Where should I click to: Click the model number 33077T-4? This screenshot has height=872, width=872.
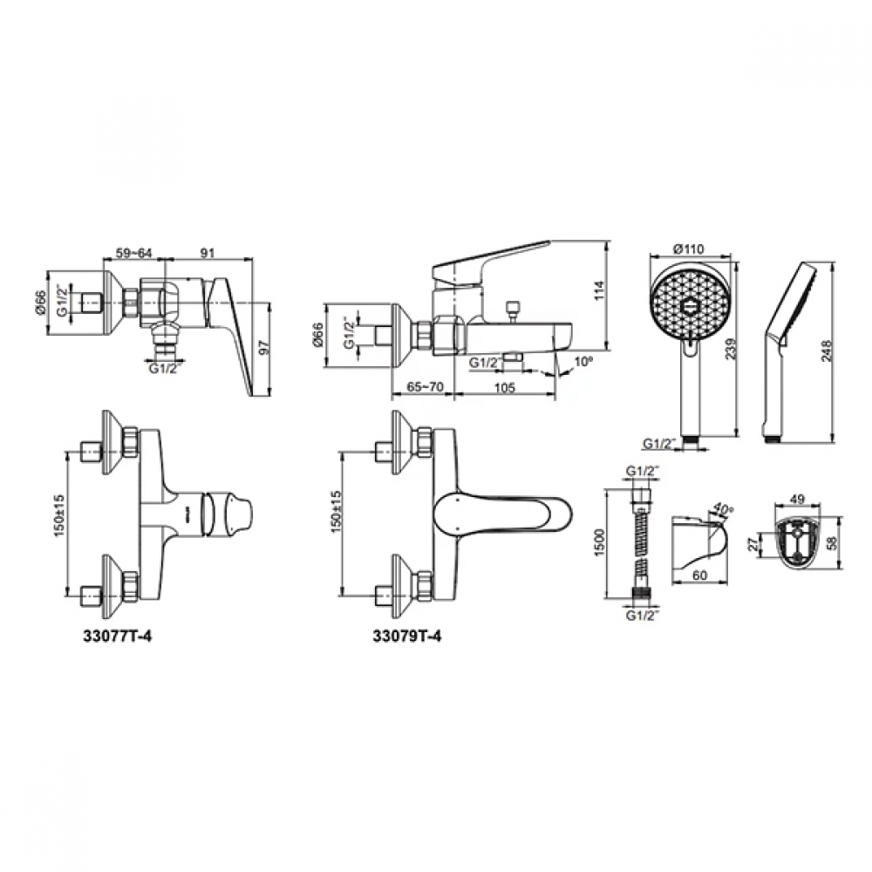click(117, 637)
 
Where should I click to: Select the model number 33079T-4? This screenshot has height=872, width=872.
click(407, 637)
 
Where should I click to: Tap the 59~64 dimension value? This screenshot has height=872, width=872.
click(133, 253)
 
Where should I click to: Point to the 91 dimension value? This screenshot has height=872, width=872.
click(207, 253)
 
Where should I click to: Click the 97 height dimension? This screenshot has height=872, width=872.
click(265, 348)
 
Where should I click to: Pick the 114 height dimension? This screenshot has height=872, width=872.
click(599, 290)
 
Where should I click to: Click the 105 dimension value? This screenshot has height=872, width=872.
click(504, 387)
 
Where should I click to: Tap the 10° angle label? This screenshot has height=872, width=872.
click(584, 362)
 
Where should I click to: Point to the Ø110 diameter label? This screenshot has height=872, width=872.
click(689, 249)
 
